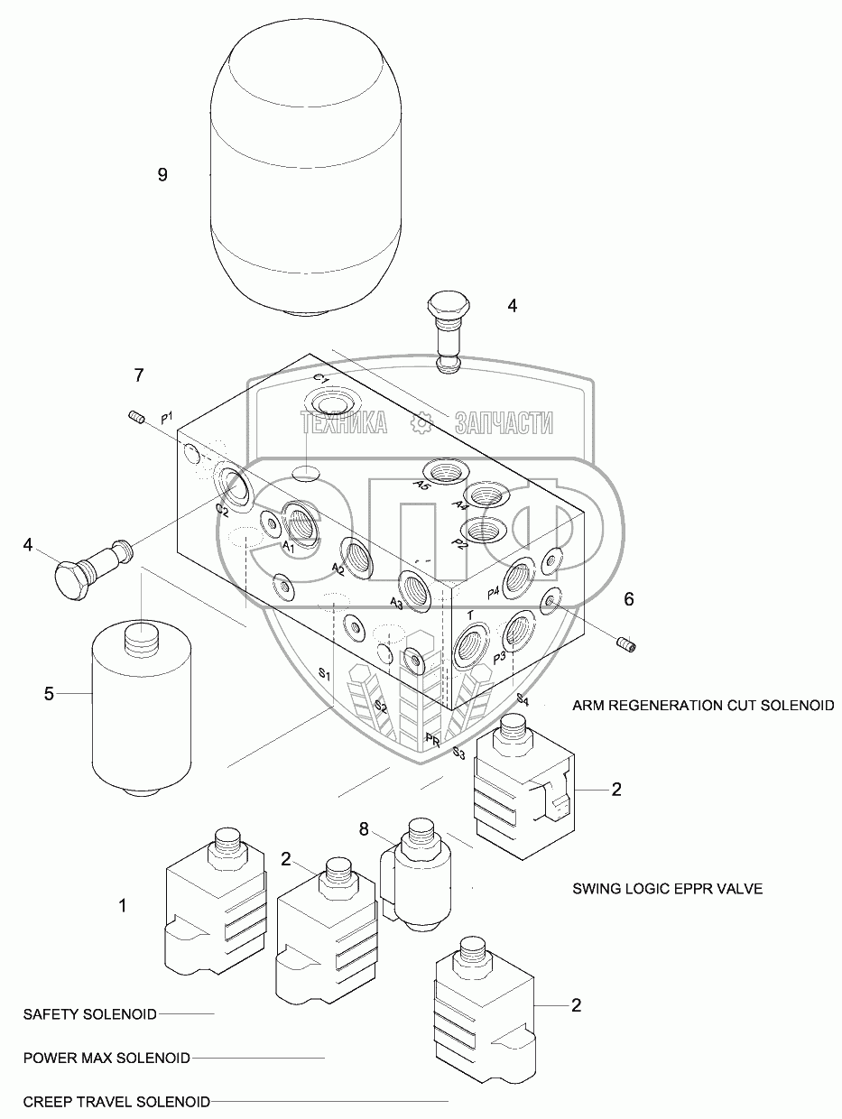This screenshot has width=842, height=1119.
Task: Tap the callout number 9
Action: (x=162, y=175)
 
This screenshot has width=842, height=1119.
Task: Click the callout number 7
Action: (x=138, y=374)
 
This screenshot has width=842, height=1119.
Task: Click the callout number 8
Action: (x=364, y=828)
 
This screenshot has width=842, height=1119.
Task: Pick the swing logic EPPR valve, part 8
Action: (x=414, y=871)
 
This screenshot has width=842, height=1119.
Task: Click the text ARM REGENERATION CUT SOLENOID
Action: (x=703, y=705)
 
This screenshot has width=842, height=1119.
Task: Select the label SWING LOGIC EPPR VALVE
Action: (x=667, y=889)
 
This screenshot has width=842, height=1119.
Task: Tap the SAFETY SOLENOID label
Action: (x=90, y=1013)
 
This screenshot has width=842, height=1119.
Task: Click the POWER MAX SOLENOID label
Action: (x=106, y=1058)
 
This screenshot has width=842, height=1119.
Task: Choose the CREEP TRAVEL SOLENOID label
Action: (x=116, y=1102)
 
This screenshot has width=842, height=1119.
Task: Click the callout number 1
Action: (x=124, y=904)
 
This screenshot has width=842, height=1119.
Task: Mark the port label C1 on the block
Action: (x=320, y=378)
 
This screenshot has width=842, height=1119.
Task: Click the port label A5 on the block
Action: (x=421, y=485)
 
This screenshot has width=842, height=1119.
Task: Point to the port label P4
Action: (x=493, y=592)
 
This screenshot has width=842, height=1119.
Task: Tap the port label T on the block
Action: (x=470, y=615)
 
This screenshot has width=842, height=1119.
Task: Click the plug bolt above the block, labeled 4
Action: (x=448, y=329)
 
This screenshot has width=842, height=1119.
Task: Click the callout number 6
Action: (x=629, y=598)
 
